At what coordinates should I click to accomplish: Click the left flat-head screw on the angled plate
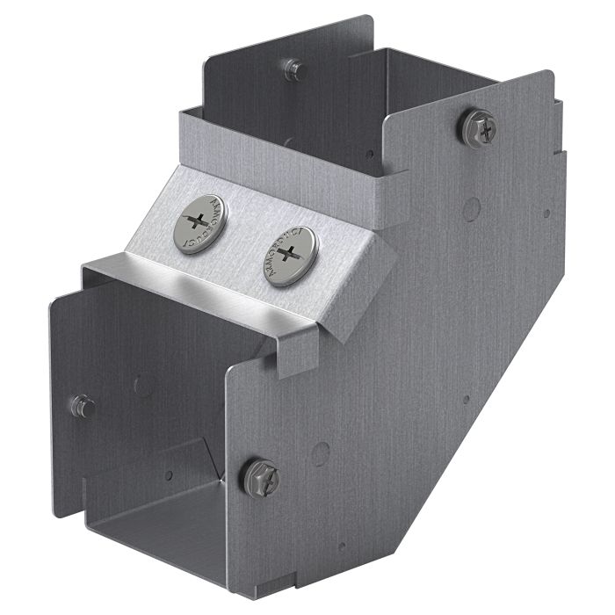tap(199, 224)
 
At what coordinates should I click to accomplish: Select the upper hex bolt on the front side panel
tap(478, 128)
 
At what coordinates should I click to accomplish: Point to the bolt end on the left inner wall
tap(83, 406)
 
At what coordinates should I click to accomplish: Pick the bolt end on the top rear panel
tap(294, 69)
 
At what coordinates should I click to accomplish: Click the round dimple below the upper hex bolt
tap(472, 208)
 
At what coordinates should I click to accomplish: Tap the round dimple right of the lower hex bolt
tap(321, 453)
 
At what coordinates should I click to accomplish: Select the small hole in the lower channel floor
tap(168, 475)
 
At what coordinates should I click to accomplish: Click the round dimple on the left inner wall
tap(141, 384)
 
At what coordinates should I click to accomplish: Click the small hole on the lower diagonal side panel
tap(466, 399)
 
